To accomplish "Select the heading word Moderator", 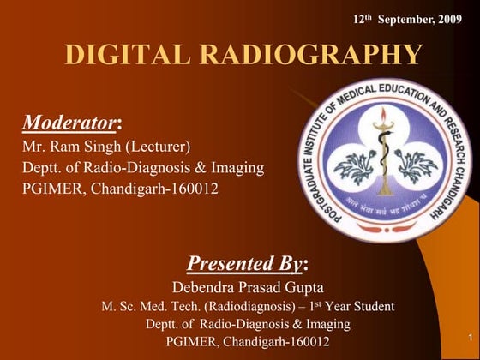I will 69,123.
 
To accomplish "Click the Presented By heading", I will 243,262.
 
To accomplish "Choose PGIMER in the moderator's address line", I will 54,189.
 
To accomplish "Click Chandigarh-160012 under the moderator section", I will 155,189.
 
